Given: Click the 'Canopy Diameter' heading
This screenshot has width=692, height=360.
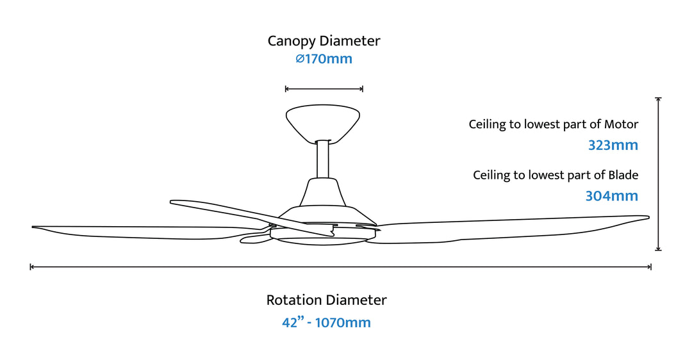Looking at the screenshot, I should click(324, 41).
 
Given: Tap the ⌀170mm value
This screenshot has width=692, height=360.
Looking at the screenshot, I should click(324, 60).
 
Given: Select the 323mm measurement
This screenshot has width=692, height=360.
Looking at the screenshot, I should click(613, 145).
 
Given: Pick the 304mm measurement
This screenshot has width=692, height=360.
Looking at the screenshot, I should click(611, 196).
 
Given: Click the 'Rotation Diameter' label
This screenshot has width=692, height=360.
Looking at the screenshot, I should click(326, 300).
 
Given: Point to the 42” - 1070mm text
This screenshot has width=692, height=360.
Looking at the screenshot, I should click(326, 322).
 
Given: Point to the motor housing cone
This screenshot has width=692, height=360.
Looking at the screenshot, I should click(324, 192).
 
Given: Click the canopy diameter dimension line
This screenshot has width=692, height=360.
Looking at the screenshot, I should click(324, 89).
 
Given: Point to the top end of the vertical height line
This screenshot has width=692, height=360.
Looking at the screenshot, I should click(658, 99).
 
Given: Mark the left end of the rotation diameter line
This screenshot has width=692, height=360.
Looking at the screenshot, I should click(31, 266).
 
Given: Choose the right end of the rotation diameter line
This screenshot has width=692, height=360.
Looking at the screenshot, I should click(651, 266).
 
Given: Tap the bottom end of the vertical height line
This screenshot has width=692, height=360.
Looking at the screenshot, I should click(658, 250).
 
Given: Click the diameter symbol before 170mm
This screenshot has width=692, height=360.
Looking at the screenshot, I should click(299, 60).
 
